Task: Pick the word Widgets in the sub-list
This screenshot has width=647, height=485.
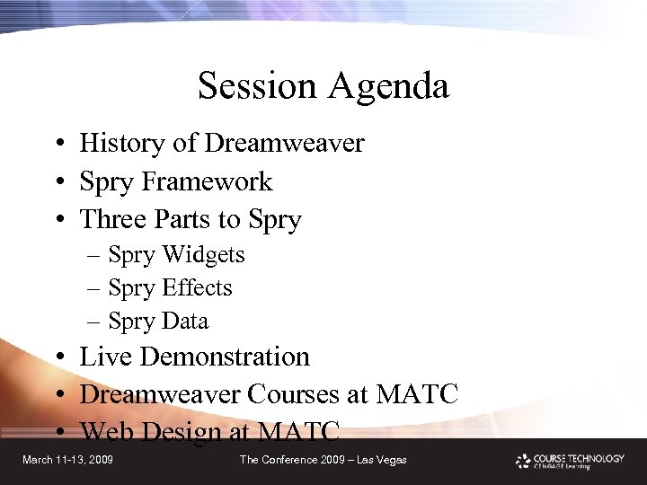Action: click(202, 256)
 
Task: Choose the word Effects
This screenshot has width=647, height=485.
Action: click(197, 288)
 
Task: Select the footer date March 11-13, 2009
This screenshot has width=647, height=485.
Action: click(67, 460)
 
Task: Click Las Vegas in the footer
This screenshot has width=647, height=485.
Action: click(382, 460)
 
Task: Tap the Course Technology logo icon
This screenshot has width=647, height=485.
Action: click(523, 461)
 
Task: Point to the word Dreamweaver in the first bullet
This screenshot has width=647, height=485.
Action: click(284, 144)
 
